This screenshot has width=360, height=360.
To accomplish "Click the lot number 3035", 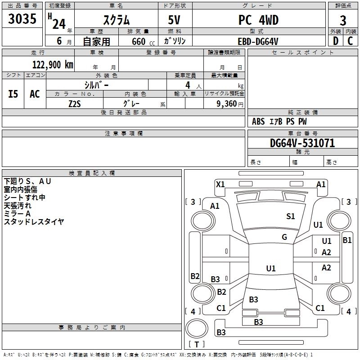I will pos(22,20).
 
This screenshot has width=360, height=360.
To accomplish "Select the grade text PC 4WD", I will pos(258,20).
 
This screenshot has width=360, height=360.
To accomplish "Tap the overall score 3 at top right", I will pos(343,21).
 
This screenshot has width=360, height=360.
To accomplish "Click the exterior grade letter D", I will pos(335,41).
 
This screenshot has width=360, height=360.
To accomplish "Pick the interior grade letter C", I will pos(350,41).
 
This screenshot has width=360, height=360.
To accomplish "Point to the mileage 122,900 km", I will pos(52,65).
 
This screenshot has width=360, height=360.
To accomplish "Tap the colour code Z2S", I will pos(75,103).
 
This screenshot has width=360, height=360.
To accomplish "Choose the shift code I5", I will pos(13,94).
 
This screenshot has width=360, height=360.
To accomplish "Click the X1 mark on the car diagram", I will pos(220,184).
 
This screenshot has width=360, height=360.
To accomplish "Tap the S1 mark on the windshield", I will pos(291,216).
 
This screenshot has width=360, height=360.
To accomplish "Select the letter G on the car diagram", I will pos(284,237).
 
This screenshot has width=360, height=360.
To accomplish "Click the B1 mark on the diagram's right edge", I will pos(347,240).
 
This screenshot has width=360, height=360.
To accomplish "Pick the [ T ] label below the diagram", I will pos(197,345).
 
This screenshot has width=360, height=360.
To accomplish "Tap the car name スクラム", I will pos(117,20).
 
